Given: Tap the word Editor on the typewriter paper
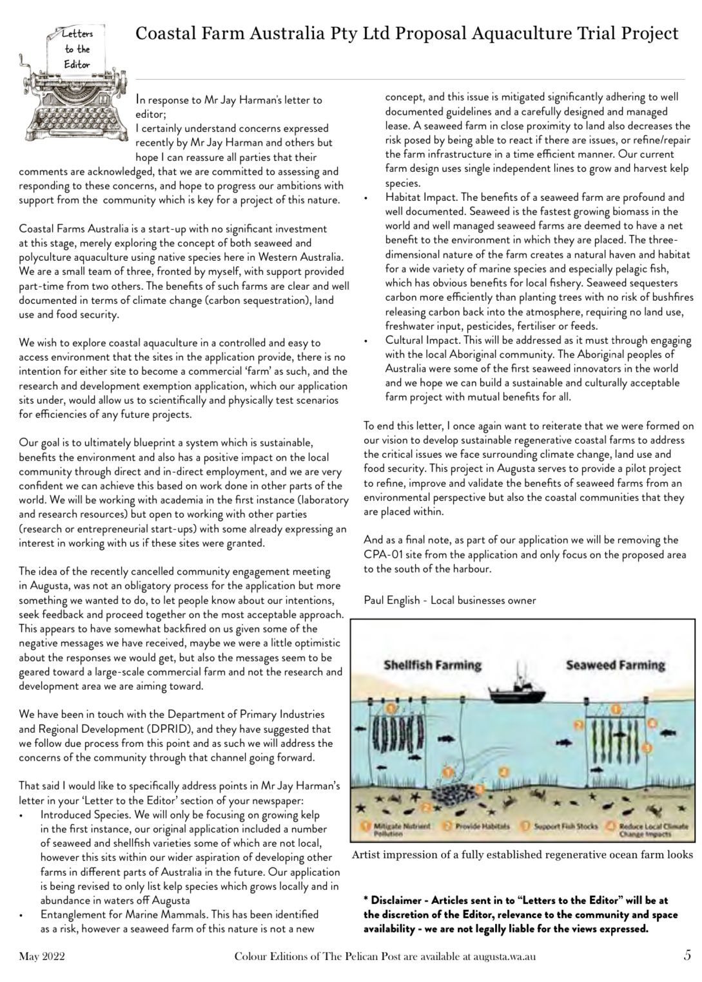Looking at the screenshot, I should (77, 64).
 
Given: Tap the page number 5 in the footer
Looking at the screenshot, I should (687, 956).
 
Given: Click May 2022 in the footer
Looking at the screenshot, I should (41, 957).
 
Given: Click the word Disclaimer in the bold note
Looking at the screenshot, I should (397, 900).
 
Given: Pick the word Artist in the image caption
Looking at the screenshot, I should (366, 855).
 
